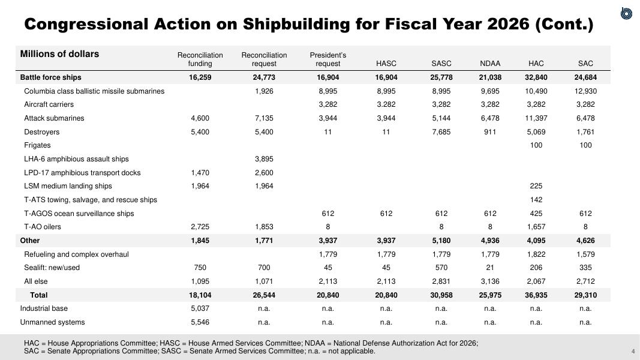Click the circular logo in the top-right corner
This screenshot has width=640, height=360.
626,13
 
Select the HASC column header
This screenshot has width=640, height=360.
386,64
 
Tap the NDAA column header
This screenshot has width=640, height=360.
490,64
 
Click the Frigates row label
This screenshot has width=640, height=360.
37,145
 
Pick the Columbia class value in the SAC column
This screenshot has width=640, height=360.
585,91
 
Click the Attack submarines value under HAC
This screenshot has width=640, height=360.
536,118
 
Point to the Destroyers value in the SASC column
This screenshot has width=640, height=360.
441,132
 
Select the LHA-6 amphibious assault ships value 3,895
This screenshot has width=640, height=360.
264,159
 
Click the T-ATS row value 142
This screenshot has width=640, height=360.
536,200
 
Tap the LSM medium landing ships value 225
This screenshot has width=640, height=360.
536,186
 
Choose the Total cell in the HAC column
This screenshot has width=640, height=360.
536,295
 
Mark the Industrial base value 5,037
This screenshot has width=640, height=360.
200,308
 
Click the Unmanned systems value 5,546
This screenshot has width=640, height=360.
200,322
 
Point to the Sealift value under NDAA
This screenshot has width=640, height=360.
490,268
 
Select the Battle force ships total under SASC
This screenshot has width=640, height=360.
441,77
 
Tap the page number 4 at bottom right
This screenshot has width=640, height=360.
633,352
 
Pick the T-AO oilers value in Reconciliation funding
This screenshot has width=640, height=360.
200,227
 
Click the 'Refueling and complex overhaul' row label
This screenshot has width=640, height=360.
76,254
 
